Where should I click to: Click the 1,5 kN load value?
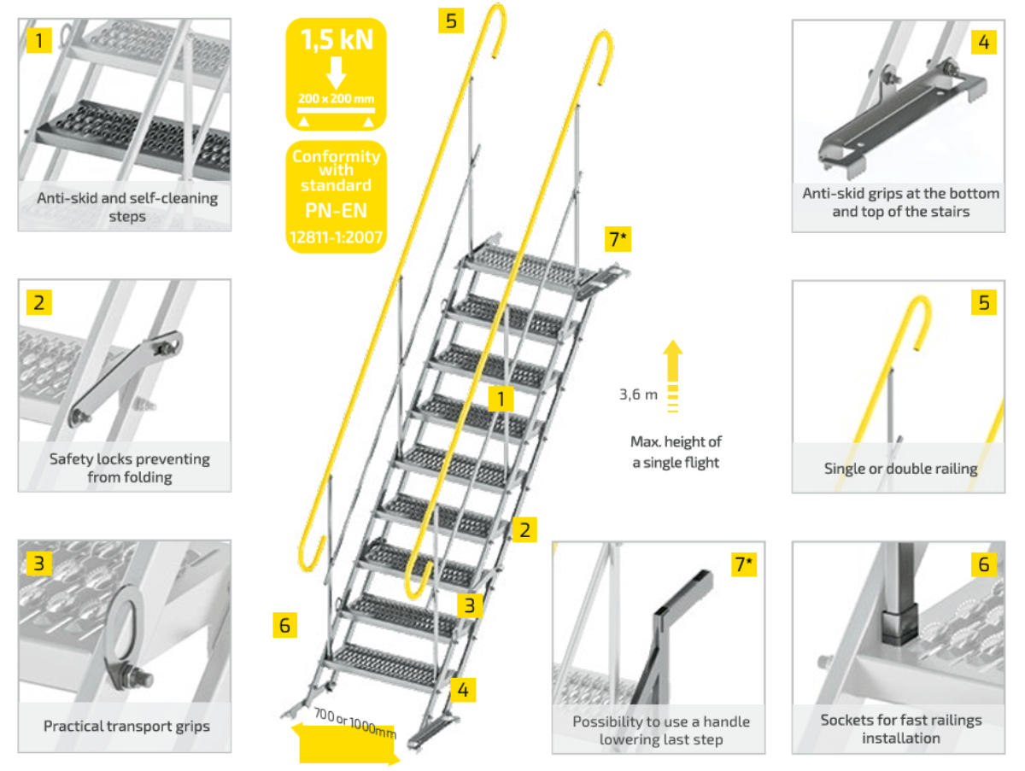pyautogui.click(x=337, y=39)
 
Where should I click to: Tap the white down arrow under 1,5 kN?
pyautogui.click(x=337, y=72)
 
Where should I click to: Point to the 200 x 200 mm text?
pyautogui.click(x=337, y=98)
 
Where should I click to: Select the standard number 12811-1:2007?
pyautogui.click(x=337, y=236)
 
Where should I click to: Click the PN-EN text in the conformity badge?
pyautogui.click(x=337, y=210)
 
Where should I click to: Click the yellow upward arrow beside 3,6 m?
pyautogui.click(x=673, y=367)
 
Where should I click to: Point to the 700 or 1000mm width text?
pyautogui.click(x=354, y=722)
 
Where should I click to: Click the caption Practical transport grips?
pyautogui.click(x=126, y=727)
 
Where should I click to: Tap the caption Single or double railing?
pyautogui.click(x=900, y=468)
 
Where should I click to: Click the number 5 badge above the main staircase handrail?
pyautogui.click(x=451, y=20)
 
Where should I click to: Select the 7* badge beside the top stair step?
pyautogui.click(x=618, y=240)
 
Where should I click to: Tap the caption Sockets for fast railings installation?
pyautogui.click(x=900, y=728)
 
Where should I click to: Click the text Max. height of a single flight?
pyautogui.click(x=676, y=452)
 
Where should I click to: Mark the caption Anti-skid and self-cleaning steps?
pyautogui.click(x=127, y=207)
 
